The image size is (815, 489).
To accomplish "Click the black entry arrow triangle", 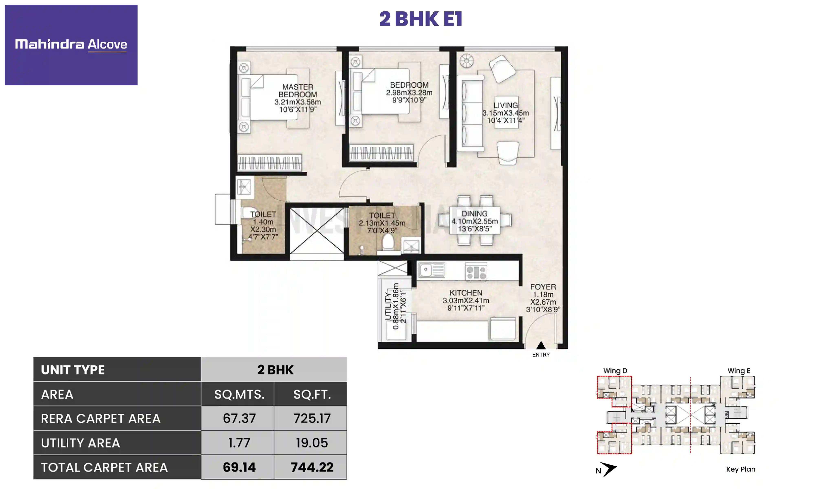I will (x=541, y=345).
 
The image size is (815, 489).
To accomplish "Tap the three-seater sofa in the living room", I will (x=470, y=113).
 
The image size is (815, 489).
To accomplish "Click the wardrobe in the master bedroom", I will (x=269, y=162).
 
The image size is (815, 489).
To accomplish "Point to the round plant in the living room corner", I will (x=466, y=61).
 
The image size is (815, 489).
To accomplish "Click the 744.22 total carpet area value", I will (x=312, y=467).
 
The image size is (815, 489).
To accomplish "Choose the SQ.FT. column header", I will (x=312, y=394).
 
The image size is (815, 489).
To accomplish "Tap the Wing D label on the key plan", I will (x=615, y=371).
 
